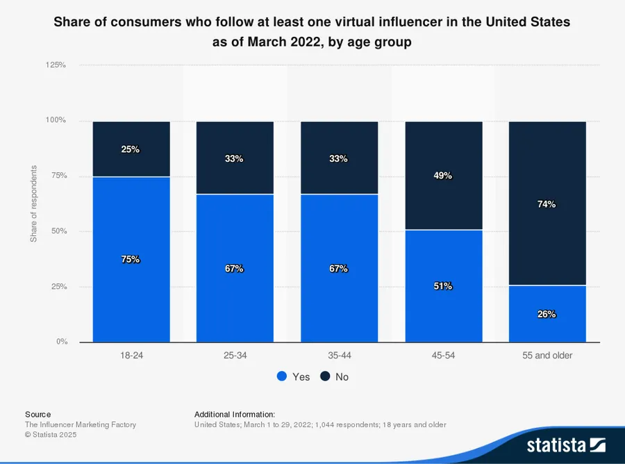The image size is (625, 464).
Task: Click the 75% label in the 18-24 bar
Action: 131,259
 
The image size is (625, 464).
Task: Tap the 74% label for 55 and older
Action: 547,204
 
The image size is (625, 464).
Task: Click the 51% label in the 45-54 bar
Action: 443,285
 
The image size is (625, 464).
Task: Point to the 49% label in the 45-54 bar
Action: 443,176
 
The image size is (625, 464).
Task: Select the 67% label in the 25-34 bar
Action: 234,268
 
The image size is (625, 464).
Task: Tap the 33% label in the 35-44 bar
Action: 338,158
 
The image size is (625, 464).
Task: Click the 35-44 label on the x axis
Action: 339,355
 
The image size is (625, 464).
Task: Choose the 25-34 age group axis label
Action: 235,355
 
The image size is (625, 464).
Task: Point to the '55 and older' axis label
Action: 547,355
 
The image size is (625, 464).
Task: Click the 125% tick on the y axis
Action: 56,65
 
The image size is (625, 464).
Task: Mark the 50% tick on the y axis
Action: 58,231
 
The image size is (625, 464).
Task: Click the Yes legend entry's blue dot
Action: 282,376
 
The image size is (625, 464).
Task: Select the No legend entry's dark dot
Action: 325,376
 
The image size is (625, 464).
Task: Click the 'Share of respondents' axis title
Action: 33,204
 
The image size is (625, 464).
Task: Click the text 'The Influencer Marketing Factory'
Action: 81,424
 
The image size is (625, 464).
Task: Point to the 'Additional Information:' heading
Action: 235,414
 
